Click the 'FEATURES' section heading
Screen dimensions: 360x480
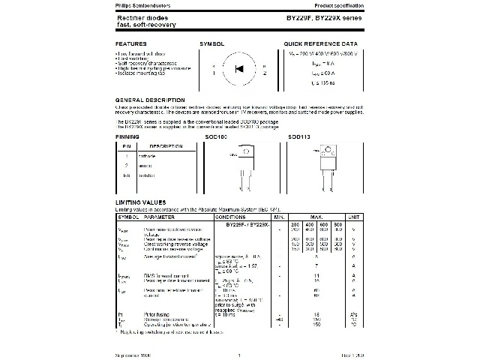[130, 45]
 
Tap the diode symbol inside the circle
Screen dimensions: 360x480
[239, 69]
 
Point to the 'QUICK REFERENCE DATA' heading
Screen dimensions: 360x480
[321, 45]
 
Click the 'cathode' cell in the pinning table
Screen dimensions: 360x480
[146, 155]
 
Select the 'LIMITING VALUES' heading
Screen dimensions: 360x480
[140, 202]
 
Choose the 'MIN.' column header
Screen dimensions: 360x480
[279, 217]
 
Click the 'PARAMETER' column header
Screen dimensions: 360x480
[160, 217]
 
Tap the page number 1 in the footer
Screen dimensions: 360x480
[239, 355]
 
